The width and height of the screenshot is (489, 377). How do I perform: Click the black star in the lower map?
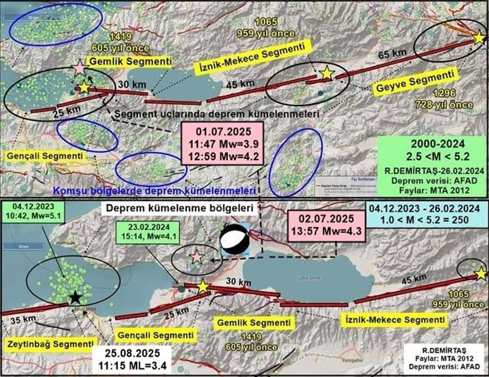pyautogui.click(x=75, y=298)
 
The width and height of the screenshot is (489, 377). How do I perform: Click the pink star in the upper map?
pyautogui.click(x=79, y=68)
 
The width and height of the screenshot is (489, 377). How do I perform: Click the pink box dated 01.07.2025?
pyautogui.click(x=224, y=145)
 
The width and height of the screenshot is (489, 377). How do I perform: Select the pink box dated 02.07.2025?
pyautogui.click(x=325, y=224)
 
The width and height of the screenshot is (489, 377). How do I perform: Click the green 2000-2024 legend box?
pyautogui.click(x=430, y=166)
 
